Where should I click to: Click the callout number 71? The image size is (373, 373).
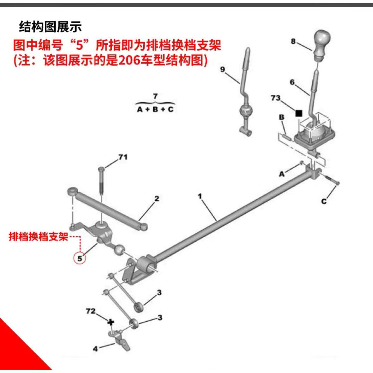(123, 157)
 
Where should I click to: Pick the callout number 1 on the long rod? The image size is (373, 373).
(200, 196)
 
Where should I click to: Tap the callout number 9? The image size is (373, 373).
(222, 70)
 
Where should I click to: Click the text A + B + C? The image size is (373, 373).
(155, 109)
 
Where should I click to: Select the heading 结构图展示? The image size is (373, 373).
(50, 27)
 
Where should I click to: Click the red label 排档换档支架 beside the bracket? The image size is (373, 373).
(38, 236)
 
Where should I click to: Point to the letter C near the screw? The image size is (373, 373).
(324, 201)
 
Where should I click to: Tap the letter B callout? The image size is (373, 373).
(281, 117)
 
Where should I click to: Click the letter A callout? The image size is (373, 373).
(281, 174)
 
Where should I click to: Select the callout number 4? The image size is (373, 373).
(95, 348)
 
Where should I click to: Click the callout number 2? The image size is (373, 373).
(157, 199)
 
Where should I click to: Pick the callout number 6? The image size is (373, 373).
(292, 82)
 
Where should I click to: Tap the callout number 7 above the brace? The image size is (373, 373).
(155, 96)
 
